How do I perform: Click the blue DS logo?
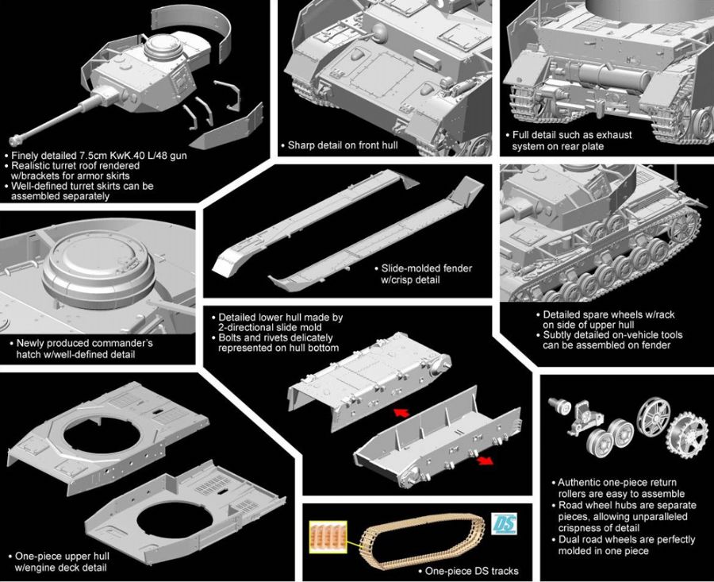tap(504, 523)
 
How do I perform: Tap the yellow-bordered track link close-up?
tap(328, 537)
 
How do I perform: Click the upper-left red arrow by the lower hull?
tap(401, 413)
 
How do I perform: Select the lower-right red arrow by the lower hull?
tap(485, 461)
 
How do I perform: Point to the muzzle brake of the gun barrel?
tap(15, 140)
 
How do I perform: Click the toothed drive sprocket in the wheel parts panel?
tap(687, 434)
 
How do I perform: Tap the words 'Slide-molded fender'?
tap(427, 268)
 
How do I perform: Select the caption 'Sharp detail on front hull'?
tap(343, 145)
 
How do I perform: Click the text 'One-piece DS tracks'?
tap(472, 571)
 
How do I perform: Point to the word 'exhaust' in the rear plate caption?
tap(614, 135)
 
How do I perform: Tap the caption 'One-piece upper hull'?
tap(63, 556)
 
